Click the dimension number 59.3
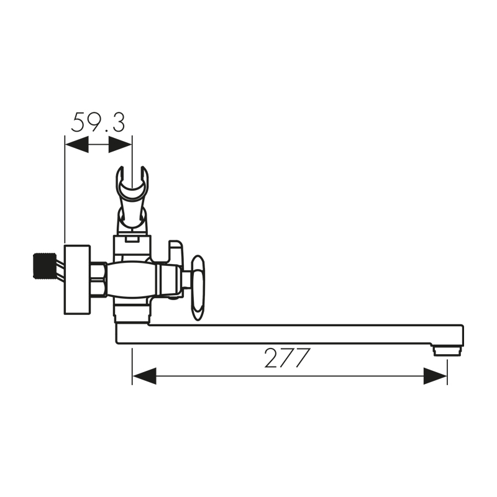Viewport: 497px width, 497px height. click(98, 122)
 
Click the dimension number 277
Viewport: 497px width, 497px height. click(287, 358)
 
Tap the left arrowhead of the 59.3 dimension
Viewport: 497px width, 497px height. click(76, 145)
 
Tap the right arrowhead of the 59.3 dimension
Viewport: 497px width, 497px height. click(121, 145)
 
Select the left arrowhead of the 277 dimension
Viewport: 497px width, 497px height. click(144, 376)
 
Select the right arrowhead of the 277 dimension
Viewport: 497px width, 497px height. click(435, 376)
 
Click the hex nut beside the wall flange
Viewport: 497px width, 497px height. click(98, 280)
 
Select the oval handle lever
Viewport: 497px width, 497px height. click(199, 288)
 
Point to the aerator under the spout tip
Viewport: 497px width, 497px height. click(447, 351)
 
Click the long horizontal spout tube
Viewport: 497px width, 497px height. click(292, 334)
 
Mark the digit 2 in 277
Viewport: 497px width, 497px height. click(271, 358)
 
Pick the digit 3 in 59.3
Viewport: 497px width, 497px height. click(117, 122)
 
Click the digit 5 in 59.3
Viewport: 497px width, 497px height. click(80, 122)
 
